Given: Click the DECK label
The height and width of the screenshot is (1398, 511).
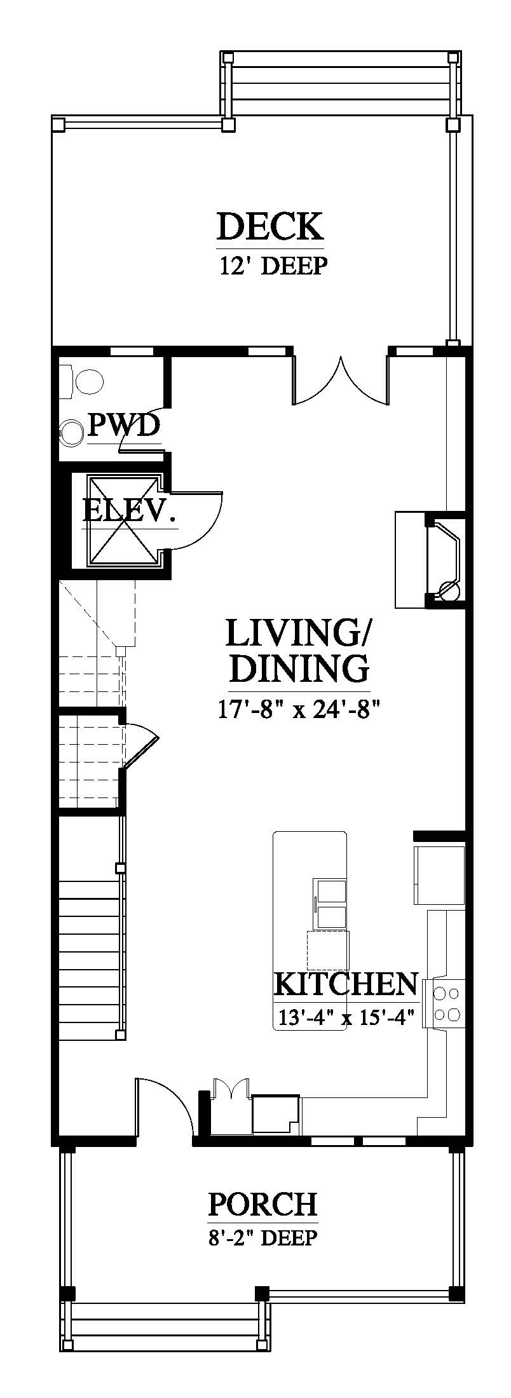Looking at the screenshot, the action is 270,226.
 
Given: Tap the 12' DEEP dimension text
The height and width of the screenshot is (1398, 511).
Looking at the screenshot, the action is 273,265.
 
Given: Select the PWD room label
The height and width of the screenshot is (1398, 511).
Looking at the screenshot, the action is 123,425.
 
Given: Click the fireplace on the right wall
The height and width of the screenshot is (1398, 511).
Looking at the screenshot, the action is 431,559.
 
